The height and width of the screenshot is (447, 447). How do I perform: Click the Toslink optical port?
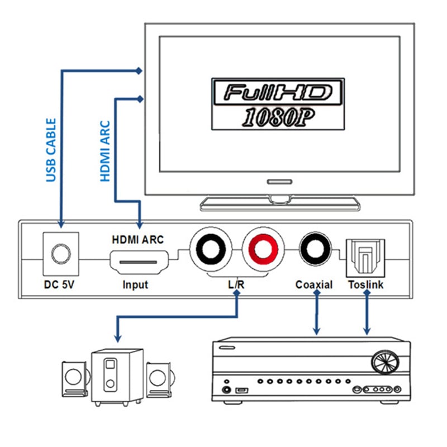coord(367,255)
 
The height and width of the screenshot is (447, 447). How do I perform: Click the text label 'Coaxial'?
coord(314,285)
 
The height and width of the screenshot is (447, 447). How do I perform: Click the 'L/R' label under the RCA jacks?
coord(236,285)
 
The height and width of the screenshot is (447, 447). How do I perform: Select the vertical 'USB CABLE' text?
coord(51,150)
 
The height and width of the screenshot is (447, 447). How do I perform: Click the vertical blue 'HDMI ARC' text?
coord(104,151)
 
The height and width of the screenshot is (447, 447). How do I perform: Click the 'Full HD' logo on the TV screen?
coord(277,92)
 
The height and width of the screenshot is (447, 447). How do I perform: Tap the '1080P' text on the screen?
coord(277,116)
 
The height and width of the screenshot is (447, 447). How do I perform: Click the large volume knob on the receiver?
coord(385,362)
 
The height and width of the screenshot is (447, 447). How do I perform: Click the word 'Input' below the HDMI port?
coord(135,285)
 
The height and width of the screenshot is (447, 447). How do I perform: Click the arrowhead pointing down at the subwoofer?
coord(117,337)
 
